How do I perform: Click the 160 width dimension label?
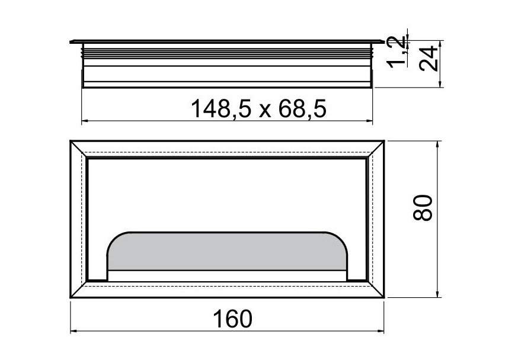pyautogui.click(x=232, y=319)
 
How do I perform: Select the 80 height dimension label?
pyautogui.click(x=423, y=208)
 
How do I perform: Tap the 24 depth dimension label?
pyautogui.click(x=428, y=59)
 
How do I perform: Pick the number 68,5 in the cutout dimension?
pyautogui.click(x=302, y=108)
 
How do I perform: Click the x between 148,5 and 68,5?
pyautogui.click(x=264, y=111)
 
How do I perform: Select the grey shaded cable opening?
pyautogui.click(x=226, y=252)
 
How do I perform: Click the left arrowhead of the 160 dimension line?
pyautogui.click(x=73, y=331)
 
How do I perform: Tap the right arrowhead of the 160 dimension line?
pyautogui.click(x=380, y=331)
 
